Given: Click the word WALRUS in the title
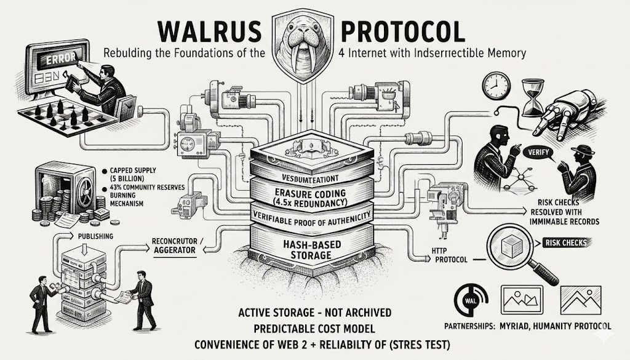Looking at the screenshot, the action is coord(202,31).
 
